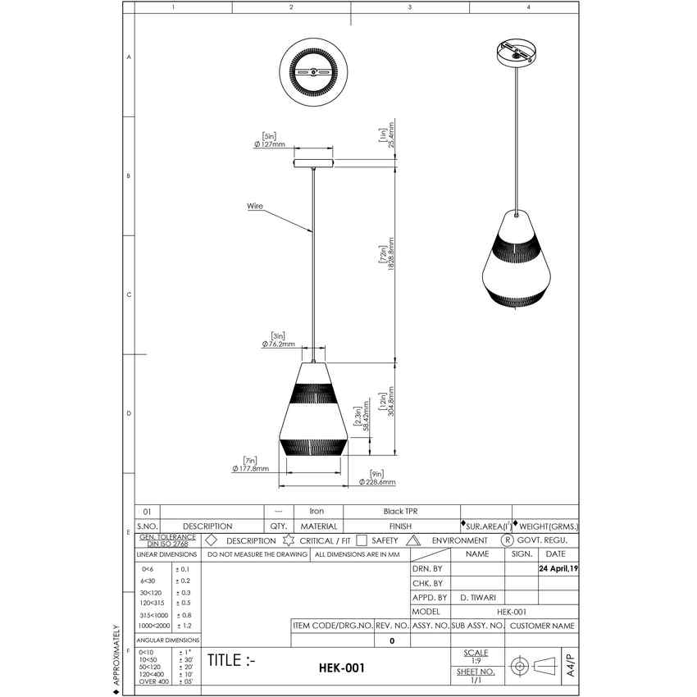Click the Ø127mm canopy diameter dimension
(269, 144)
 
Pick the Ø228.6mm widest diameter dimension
(377, 482)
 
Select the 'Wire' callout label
(255, 207)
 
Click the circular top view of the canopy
(316, 73)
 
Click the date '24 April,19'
(558, 567)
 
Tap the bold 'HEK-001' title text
(341, 669)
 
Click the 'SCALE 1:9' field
(476, 657)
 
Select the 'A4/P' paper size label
(570, 664)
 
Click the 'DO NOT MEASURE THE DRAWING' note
(257, 554)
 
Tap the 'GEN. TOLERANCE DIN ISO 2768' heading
(168, 540)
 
